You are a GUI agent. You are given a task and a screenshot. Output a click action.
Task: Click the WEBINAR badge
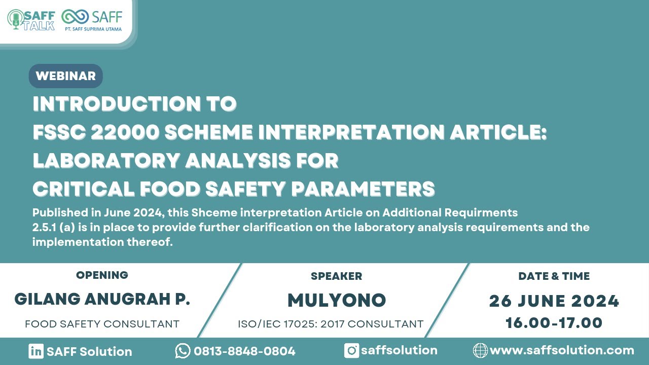66,76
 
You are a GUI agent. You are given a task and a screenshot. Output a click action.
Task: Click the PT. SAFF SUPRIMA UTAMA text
93,29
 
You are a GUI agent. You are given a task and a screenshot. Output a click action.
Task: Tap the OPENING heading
102,275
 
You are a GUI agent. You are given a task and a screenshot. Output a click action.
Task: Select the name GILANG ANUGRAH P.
102,299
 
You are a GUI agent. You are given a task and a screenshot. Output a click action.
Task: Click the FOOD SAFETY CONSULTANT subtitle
102,324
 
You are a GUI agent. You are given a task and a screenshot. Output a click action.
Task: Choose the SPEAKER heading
336,276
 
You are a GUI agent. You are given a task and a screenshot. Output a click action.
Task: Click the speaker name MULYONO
336,301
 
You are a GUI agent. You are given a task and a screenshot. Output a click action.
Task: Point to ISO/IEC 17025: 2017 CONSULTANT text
331,324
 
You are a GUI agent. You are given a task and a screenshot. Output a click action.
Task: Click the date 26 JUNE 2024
554,301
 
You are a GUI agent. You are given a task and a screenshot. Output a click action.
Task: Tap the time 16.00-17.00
554,323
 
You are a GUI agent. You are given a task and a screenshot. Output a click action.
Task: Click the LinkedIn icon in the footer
35,351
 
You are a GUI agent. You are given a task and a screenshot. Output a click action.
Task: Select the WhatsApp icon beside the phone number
183,351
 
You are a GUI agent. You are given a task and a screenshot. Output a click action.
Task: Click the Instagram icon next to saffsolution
351,350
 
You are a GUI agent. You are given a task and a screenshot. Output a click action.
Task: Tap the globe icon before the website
480,350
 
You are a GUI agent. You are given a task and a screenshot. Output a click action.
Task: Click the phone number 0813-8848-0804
244,351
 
